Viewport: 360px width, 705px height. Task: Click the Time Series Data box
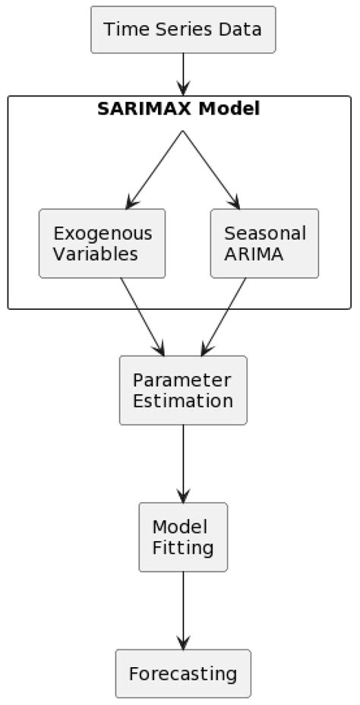pyautogui.click(x=182, y=30)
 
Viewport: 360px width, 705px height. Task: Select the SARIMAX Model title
pyautogui.click(x=178, y=109)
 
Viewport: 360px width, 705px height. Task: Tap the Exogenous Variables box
pyautogui.click(x=102, y=243)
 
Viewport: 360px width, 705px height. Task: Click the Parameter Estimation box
pyautogui.click(x=182, y=390)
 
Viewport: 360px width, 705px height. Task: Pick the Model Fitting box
pyautogui.click(x=182, y=536)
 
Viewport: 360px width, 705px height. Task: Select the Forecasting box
pyautogui.click(x=182, y=673)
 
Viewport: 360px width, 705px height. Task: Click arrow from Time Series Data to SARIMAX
pyautogui.click(x=182, y=74)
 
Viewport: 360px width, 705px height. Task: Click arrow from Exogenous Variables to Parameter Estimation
pyautogui.click(x=142, y=317)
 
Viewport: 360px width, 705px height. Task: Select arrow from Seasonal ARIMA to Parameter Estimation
pyautogui.click(x=223, y=317)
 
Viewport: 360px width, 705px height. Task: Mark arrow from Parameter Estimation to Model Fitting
pyautogui.click(x=182, y=463)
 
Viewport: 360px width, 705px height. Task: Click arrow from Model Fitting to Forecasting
pyautogui.click(x=182, y=610)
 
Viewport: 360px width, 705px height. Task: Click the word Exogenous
pyautogui.click(x=103, y=233)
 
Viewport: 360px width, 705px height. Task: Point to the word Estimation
pyautogui.click(x=182, y=400)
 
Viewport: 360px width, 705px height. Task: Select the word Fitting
pyautogui.click(x=182, y=547)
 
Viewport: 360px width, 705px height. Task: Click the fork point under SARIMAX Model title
pyautogui.click(x=182, y=131)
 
